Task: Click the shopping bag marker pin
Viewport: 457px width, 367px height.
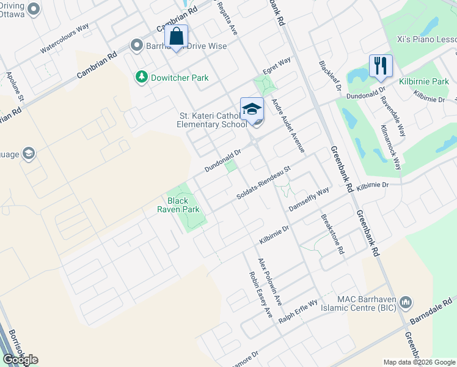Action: pos(176,37)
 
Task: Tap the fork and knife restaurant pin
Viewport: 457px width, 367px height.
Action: pos(381,65)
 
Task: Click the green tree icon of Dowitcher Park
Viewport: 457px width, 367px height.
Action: pos(142,77)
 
